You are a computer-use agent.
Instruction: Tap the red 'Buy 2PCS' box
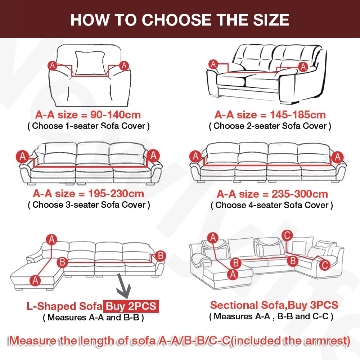point(131,306)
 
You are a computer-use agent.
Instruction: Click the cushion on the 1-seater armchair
point(90,63)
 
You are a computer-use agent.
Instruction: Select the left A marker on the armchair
point(52,66)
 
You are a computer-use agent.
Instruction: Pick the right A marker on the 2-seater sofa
point(303,67)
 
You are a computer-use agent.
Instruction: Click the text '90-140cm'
point(115,115)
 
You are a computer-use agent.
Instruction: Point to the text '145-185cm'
point(298,115)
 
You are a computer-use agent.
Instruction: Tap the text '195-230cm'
point(116,194)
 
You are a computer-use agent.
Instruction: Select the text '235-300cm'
point(300,194)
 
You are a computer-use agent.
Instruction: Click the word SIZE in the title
point(271,20)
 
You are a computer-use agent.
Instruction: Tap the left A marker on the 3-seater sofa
point(22,157)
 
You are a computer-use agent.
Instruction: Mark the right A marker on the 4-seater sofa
point(337,157)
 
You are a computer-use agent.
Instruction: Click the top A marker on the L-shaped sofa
point(51,239)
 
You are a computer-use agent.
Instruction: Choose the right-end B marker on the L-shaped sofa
point(160,256)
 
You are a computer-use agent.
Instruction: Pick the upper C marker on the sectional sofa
point(287,235)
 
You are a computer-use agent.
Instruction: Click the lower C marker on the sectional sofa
point(324,265)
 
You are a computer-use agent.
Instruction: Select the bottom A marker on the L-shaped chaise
point(35,280)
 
